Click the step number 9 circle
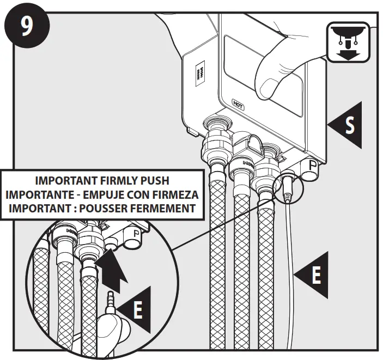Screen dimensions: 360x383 coord(26,26)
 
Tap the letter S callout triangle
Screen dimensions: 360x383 coord(346,124)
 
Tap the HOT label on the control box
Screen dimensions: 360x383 coord(238,102)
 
